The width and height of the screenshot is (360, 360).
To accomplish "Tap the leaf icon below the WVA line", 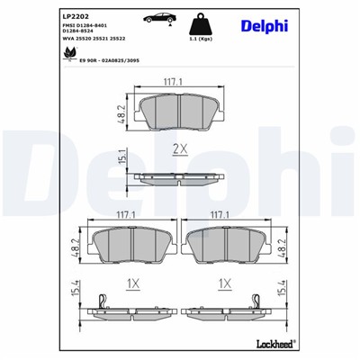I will pyautogui.click(x=67, y=56).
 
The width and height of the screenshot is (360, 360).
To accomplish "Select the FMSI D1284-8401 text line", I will pyautogui.click(x=87, y=28).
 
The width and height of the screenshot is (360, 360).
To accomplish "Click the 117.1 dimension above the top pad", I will pyautogui.click(x=175, y=82).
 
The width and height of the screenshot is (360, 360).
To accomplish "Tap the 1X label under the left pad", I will pyautogui.click(x=132, y=284).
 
